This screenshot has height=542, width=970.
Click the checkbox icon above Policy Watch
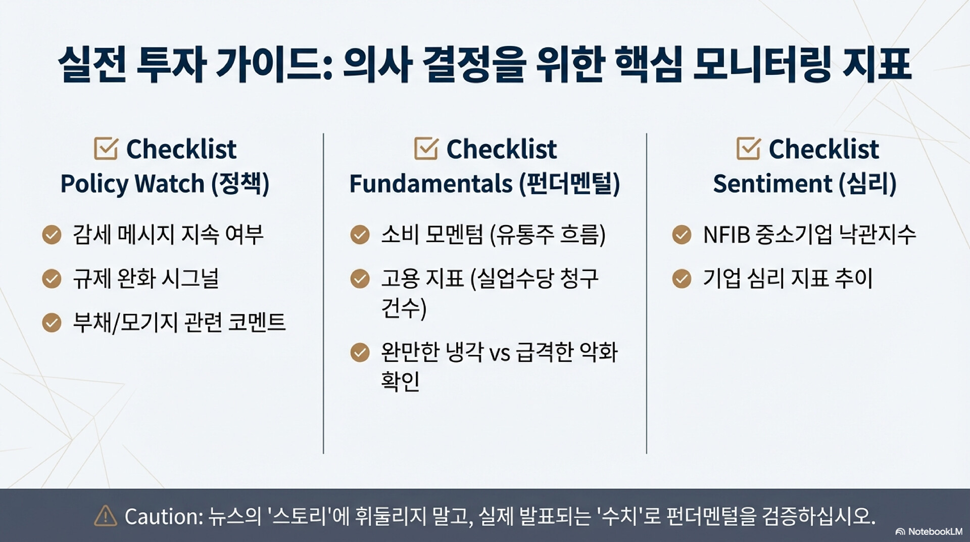pos(106,149)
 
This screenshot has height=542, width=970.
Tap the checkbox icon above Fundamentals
pos(426,149)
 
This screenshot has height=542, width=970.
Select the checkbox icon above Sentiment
pos(748,149)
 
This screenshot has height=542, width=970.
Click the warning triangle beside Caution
pos(106,516)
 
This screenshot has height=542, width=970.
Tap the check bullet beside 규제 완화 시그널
pos(52,279)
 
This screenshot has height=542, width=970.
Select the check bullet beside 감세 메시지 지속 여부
pos(52,235)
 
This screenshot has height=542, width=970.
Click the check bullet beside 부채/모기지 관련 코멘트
pos(52,323)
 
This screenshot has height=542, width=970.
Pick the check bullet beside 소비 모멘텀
pos(360,235)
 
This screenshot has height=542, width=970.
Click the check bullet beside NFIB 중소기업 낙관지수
pos(682,235)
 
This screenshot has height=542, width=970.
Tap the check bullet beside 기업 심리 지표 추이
pos(682,279)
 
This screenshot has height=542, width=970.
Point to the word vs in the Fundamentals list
pos(500,353)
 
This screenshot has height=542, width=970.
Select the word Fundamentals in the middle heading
pos(430,183)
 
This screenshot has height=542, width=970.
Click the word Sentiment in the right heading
pos(772,183)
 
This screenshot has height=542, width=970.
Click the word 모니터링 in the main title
pos(762,64)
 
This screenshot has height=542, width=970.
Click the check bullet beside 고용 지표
pos(360,279)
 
